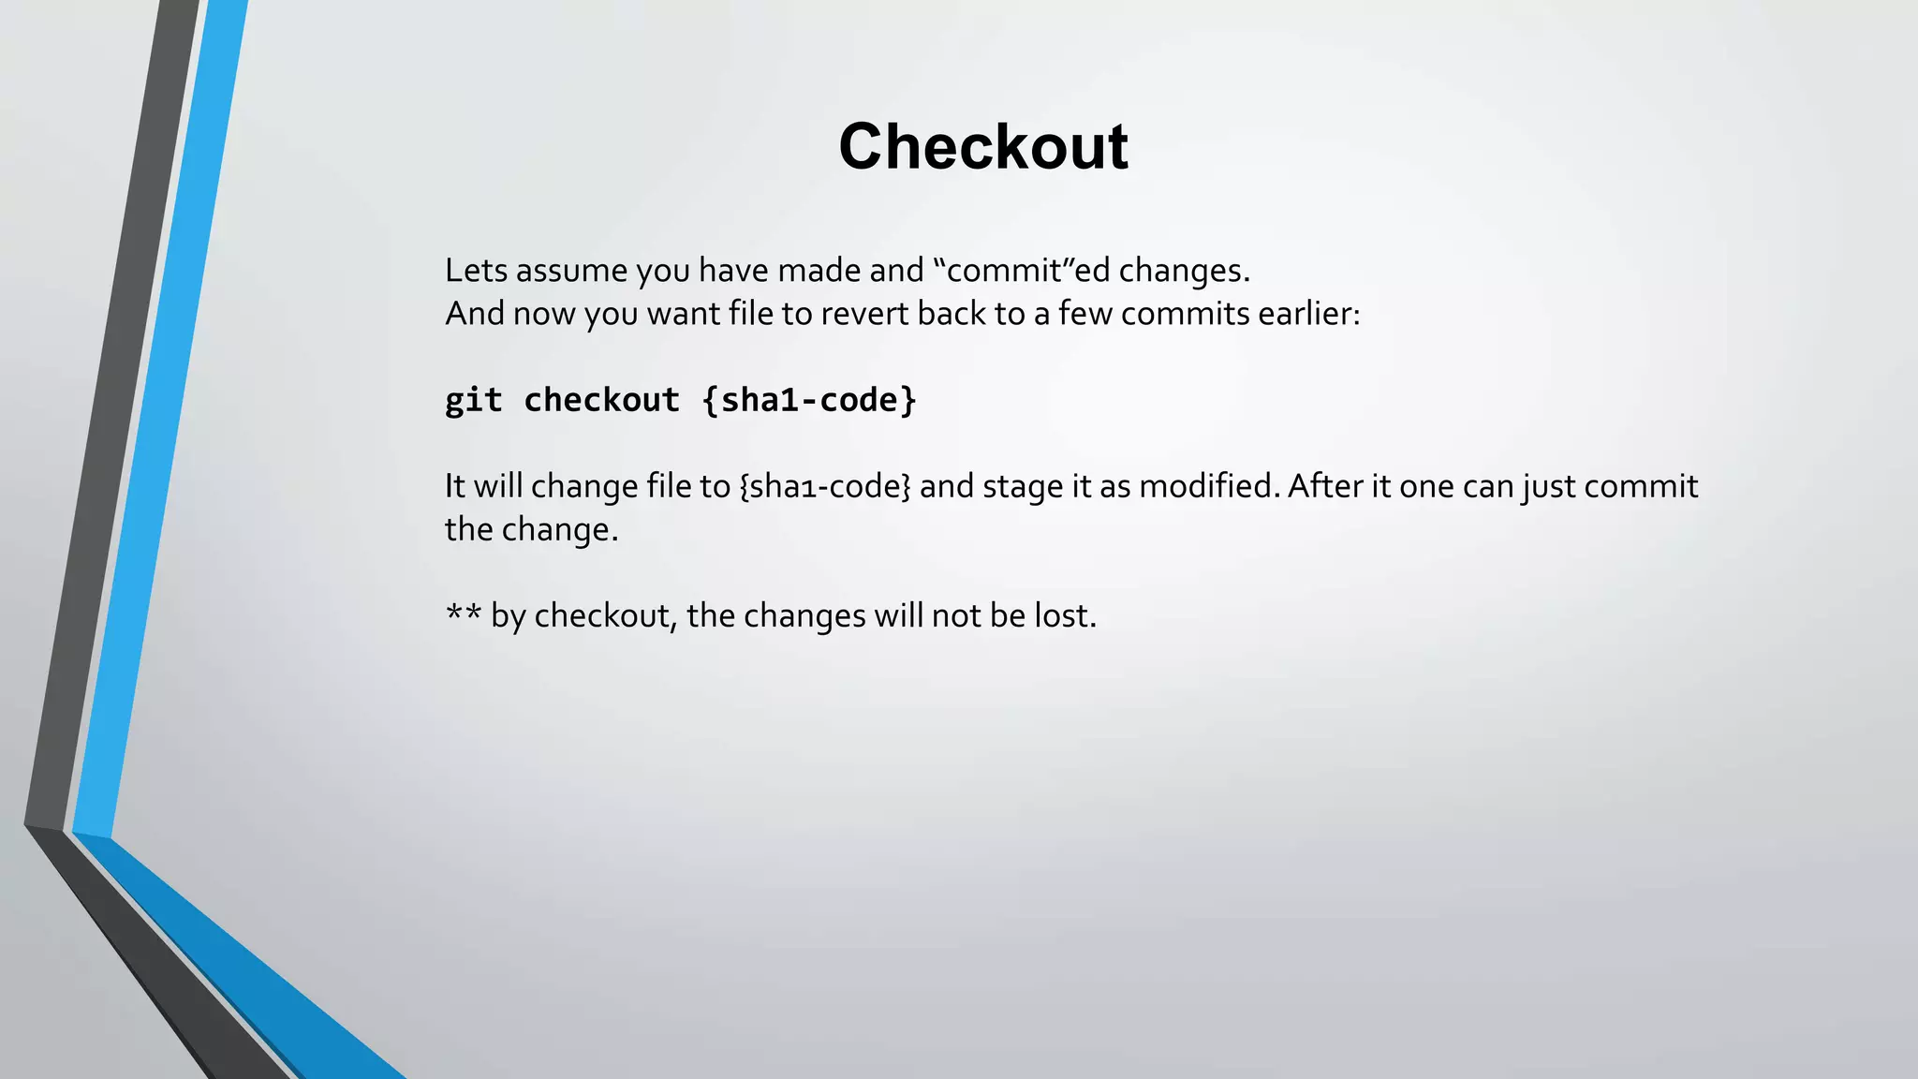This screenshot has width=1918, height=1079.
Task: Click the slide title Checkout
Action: (x=982, y=146)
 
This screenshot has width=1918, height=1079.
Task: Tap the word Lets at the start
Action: (x=476, y=271)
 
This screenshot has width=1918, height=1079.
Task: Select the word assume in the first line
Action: (x=571, y=271)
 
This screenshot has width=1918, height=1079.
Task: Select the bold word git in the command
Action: (x=473, y=401)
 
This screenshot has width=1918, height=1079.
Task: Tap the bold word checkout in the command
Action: (x=601, y=400)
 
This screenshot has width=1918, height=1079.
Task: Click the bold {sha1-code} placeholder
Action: (x=809, y=400)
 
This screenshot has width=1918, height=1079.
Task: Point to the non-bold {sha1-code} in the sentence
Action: (x=824, y=487)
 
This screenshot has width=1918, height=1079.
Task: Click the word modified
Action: (x=1208, y=487)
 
